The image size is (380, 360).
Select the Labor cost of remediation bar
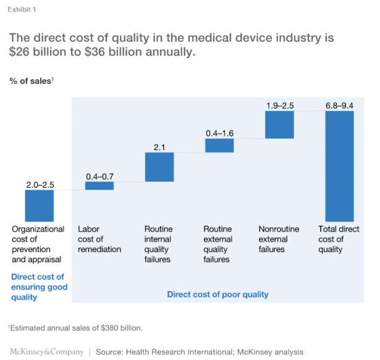[x=99, y=186]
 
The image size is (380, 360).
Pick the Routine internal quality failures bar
[x=159, y=167]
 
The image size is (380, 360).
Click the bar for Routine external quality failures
[x=219, y=145]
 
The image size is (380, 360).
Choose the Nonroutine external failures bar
[x=279, y=125]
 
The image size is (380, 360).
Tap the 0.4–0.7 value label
[x=99, y=177]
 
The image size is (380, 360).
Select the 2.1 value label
[x=159, y=147]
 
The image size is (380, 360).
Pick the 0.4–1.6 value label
[x=219, y=133]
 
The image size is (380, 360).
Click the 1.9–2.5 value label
[x=279, y=106]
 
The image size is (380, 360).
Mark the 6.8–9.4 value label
[x=339, y=106]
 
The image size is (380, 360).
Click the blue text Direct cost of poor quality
[x=217, y=295]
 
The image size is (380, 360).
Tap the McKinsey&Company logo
[x=46, y=351]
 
